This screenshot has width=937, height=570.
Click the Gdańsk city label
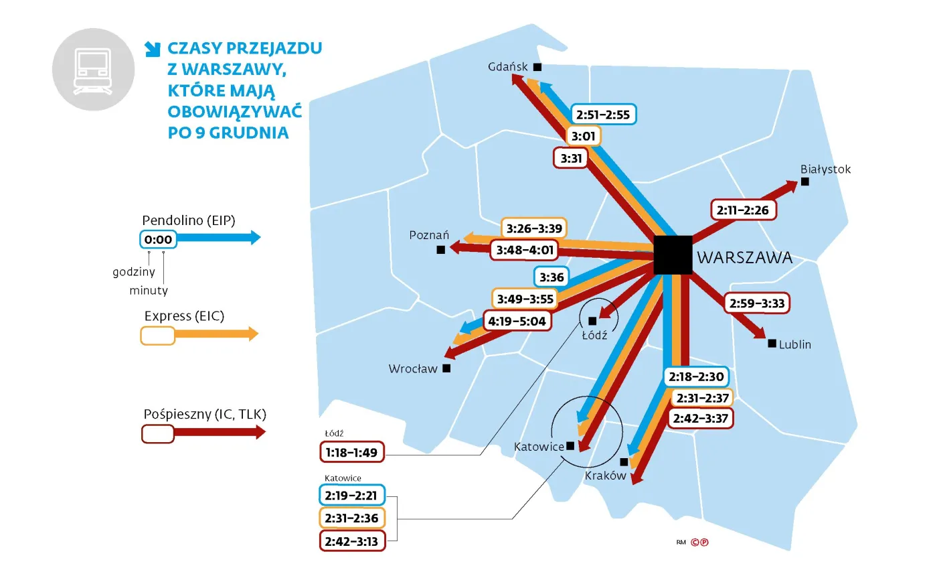(509, 66)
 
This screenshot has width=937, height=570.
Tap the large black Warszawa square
(673, 255)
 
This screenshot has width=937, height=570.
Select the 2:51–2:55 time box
(602, 115)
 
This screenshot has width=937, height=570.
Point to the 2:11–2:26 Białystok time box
(744, 210)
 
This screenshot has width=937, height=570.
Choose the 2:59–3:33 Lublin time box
(757, 303)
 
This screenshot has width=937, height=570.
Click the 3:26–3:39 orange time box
(533, 228)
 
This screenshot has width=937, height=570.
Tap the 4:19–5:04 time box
(517, 321)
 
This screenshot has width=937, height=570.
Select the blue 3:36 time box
(552, 277)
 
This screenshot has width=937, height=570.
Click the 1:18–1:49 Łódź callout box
(352, 453)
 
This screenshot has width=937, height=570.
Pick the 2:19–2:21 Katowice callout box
(352, 496)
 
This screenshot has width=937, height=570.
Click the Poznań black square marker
(440, 250)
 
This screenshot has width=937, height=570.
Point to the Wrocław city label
(413, 368)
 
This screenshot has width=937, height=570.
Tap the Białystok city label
(825, 169)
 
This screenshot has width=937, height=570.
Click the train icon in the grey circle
(93, 69)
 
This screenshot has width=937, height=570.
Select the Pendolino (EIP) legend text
(189, 220)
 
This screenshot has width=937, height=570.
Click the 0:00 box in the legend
(159, 239)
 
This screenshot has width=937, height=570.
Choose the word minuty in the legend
(149, 291)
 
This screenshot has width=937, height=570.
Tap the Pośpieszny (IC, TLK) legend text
(205, 414)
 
